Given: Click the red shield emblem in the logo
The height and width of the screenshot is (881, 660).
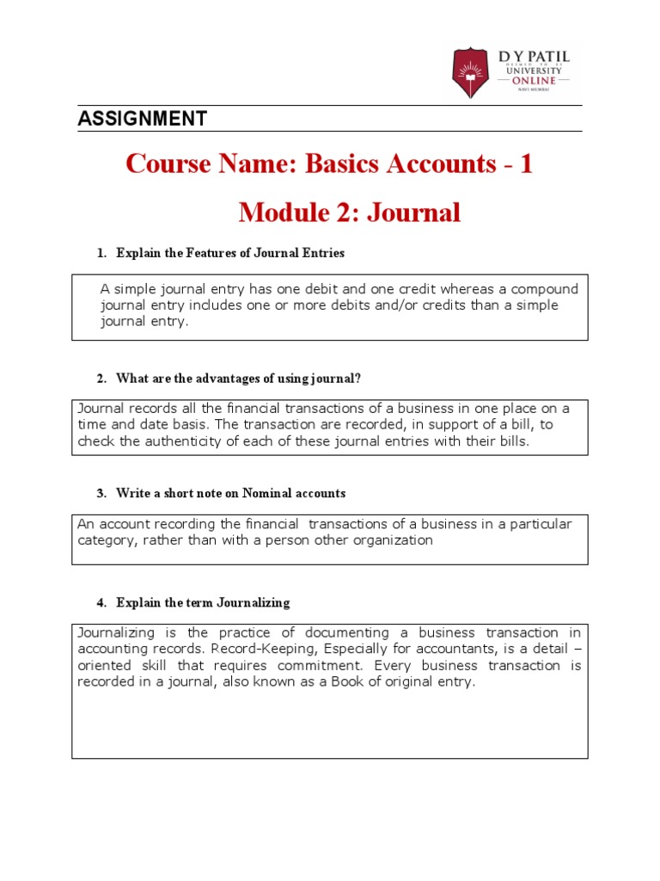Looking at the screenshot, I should pyautogui.click(x=474, y=71).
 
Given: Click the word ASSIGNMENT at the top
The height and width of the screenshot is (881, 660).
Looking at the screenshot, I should pyautogui.click(x=142, y=119).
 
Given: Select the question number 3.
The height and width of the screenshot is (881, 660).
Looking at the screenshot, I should pyautogui.click(x=101, y=493).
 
